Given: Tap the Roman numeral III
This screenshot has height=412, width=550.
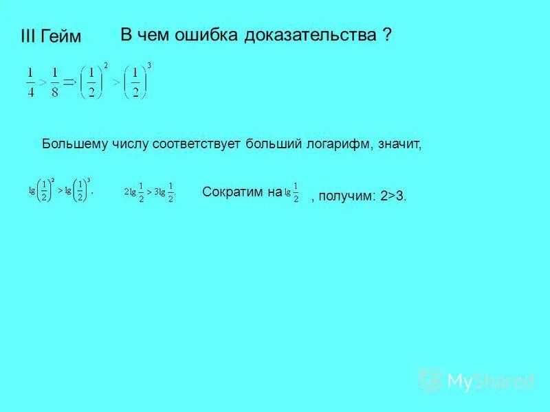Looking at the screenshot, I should click(x=29, y=37).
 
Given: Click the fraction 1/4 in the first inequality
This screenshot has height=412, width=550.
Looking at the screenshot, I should click(x=30, y=82).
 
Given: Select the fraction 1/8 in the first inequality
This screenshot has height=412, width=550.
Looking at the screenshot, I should click(x=55, y=82).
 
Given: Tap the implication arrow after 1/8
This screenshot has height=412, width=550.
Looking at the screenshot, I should click(x=69, y=81).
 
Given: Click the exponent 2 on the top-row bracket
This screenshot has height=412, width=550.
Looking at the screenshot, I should click(x=105, y=65).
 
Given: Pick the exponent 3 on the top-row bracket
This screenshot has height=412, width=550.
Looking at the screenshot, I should click(x=149, y=65).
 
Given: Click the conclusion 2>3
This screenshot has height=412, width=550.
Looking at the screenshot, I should click(x=393, y=196).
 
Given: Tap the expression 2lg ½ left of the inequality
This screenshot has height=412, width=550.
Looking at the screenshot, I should click(x=135, y=193).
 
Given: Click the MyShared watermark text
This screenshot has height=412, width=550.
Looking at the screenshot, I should click(x=489, y=380).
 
